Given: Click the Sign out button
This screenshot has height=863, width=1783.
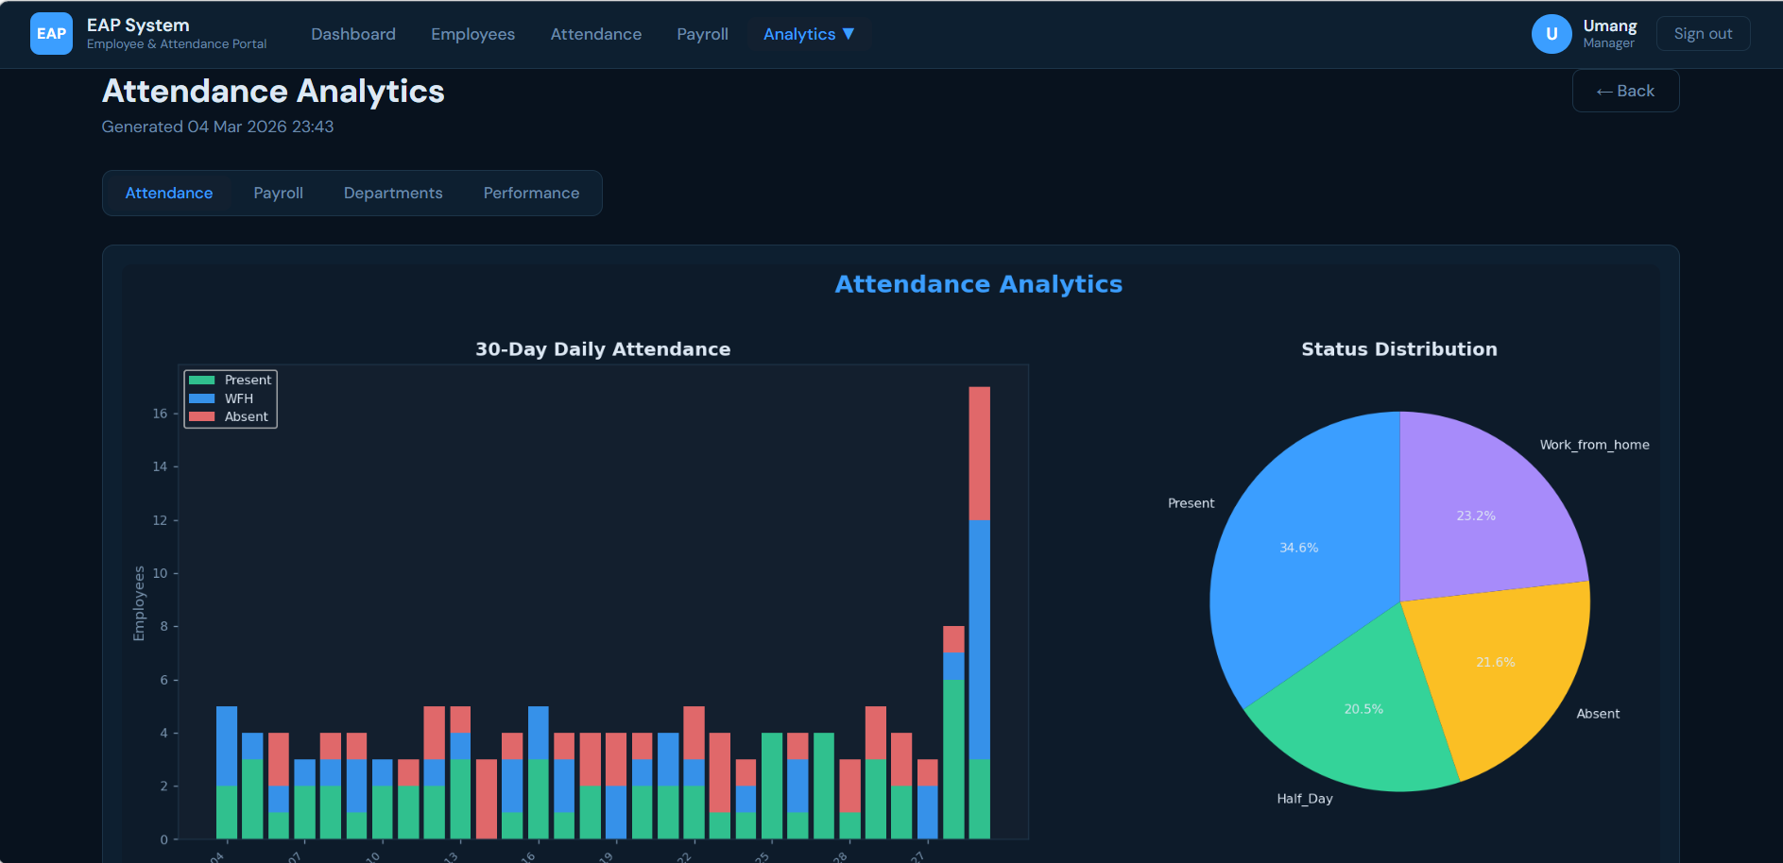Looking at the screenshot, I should click(x=1703, y=34).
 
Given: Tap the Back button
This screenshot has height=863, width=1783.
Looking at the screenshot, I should click(x=1625, y=91).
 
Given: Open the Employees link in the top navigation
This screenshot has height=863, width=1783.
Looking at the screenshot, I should click(x=472, y=34).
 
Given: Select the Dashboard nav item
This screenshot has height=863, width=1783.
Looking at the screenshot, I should click(x=353, y=34).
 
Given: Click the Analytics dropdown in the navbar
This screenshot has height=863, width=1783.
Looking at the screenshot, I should click(x=808, y=34).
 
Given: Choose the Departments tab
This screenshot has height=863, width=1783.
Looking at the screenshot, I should click(x=393, y=193).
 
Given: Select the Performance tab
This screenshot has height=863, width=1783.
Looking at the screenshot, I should click(x=531, y=193).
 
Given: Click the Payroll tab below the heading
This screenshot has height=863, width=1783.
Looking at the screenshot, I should click(x=278, y=193).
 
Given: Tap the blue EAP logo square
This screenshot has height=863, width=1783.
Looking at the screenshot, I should click(x=51, y=34).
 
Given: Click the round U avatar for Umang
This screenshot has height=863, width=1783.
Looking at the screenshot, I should click(x=1551, y=34).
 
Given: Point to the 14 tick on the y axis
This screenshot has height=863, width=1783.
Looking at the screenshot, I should click(x=160, y=466).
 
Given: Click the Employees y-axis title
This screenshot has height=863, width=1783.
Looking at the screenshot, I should click(x=139, y=603).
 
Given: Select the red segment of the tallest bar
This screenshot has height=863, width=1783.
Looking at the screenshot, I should click(x=979, y=453).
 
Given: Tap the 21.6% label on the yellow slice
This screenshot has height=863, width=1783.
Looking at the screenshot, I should click(x=1495, y=662).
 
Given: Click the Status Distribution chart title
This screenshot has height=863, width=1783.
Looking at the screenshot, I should click(x=1398, y=349).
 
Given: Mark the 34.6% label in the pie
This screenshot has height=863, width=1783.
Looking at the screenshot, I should click(x=1298, y=548).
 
